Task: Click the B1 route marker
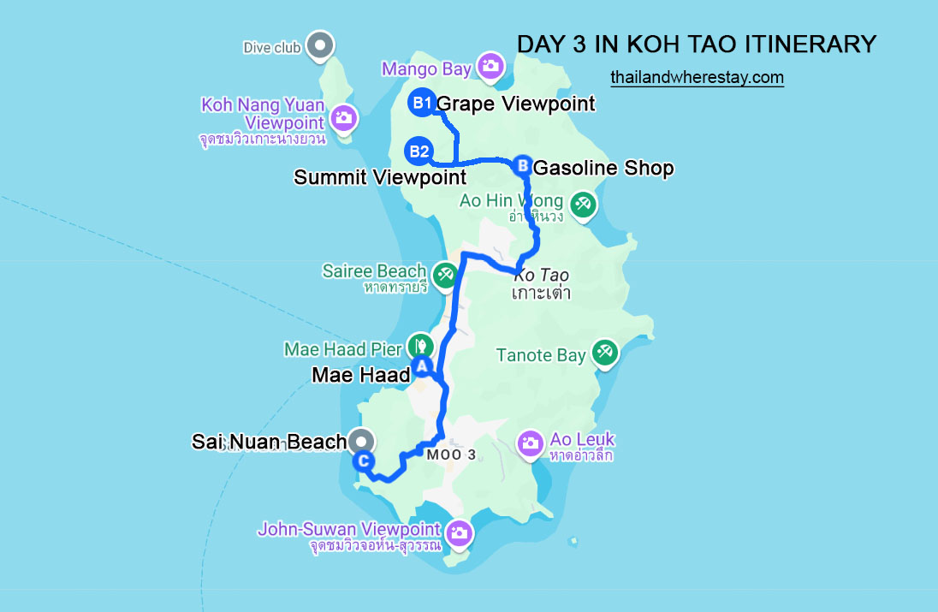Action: click(x=421, y=104)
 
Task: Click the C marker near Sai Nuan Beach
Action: click(x=364, y=461)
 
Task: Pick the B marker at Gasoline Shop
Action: click(x=523, y=165)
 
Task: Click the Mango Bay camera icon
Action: click(x=490, y=66)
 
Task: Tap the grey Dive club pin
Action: click(x=320, y=45)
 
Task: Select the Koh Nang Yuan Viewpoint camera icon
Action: click(x=344, y=116)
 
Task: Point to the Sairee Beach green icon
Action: click(x=444, y=275)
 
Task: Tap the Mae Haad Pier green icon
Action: click(x=420, y=346)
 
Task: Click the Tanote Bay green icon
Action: click(x=604, y=352)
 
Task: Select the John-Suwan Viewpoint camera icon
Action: click(x=460, y=532)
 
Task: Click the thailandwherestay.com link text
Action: click(x=697, y=77)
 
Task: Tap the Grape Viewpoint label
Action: click(x=516, y=104)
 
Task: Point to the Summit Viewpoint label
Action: click(x=380, y=177)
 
